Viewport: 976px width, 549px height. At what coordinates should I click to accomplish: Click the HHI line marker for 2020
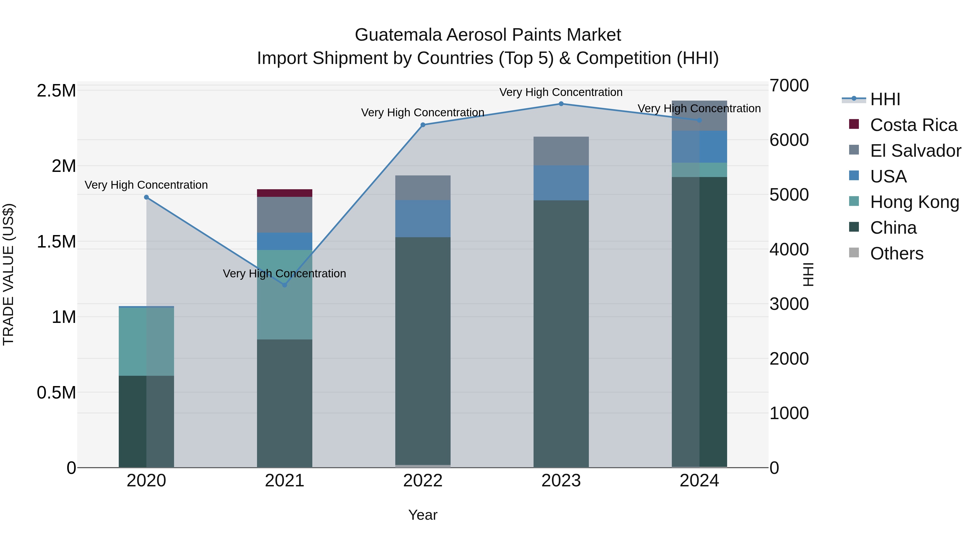(x=146, y=197)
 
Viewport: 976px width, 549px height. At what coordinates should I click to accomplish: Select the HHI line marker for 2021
(x=285, y=285)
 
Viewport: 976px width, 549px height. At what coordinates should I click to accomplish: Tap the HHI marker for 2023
(x=561, y=104)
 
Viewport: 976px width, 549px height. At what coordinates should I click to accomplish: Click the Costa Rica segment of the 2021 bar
(x=285, y=193)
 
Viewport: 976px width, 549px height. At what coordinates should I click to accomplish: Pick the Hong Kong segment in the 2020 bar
(x=146, y=341)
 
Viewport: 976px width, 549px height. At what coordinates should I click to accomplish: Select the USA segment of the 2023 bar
(x=561, y=183)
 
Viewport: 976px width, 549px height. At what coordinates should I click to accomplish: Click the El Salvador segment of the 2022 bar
(x=423, y=188)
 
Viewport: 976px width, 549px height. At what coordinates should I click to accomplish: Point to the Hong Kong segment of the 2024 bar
(x=699, y=170)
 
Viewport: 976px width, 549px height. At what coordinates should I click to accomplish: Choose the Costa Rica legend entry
(x=913, y=125)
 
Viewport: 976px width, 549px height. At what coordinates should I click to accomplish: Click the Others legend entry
(x=897, y=253)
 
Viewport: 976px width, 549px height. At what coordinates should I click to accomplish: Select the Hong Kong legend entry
(x=914, y=202)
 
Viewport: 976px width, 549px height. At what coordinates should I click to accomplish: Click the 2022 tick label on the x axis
(x=423, y=481)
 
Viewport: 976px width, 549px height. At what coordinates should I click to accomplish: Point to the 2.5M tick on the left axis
(x=56, y=91)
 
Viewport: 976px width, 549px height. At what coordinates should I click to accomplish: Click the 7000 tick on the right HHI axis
(x=789, y=86)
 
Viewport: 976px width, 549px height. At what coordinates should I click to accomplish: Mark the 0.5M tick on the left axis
(x=56, y=393)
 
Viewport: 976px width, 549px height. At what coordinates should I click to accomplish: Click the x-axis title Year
(x=423, y=515)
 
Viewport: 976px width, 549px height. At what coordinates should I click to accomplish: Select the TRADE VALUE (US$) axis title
(x=8, y=274)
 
